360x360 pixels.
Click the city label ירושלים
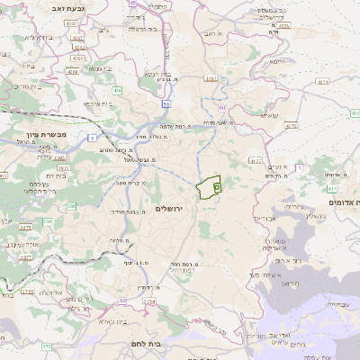168,208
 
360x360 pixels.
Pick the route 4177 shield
256,161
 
